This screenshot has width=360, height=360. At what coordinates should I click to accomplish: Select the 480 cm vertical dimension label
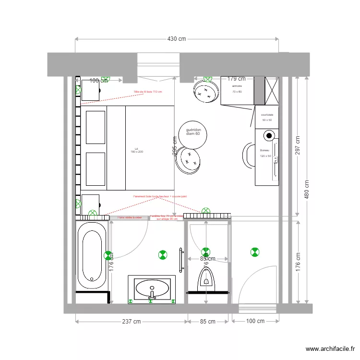[x=307, y=190]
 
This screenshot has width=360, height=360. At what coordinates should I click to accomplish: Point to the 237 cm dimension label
[x=131, y=321]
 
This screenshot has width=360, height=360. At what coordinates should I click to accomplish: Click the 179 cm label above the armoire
[x=236, y=79]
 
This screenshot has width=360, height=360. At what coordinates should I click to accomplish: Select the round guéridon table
[x=193, y=134]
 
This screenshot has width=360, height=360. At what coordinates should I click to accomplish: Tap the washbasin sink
[x=152, y=289]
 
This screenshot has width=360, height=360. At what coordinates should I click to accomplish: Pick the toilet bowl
[x=206, y=278]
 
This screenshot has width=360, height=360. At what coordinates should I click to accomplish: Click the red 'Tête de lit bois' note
[x=148, y=92]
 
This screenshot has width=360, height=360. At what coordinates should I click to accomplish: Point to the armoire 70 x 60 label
[x=237, y=89]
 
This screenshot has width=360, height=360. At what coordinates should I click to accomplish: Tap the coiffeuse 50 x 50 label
[x=267, y=117]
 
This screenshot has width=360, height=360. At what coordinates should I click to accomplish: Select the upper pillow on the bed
[x=95, y=127]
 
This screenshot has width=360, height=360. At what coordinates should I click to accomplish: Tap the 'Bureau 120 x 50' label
[x=265, y=153]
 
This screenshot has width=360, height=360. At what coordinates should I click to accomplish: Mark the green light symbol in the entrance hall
[x=254, y=251]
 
